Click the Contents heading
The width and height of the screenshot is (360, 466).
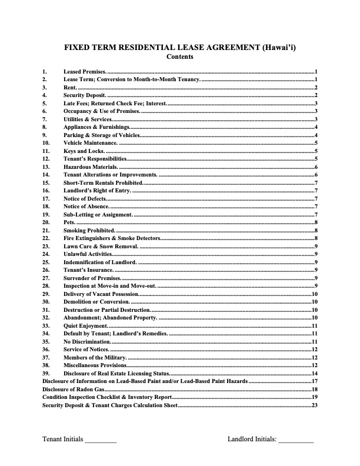179,57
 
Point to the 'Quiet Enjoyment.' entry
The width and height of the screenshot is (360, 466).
85,325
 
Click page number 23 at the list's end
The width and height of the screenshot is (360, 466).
315,405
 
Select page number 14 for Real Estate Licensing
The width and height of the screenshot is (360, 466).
315,373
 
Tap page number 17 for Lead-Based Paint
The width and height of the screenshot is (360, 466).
315,381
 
